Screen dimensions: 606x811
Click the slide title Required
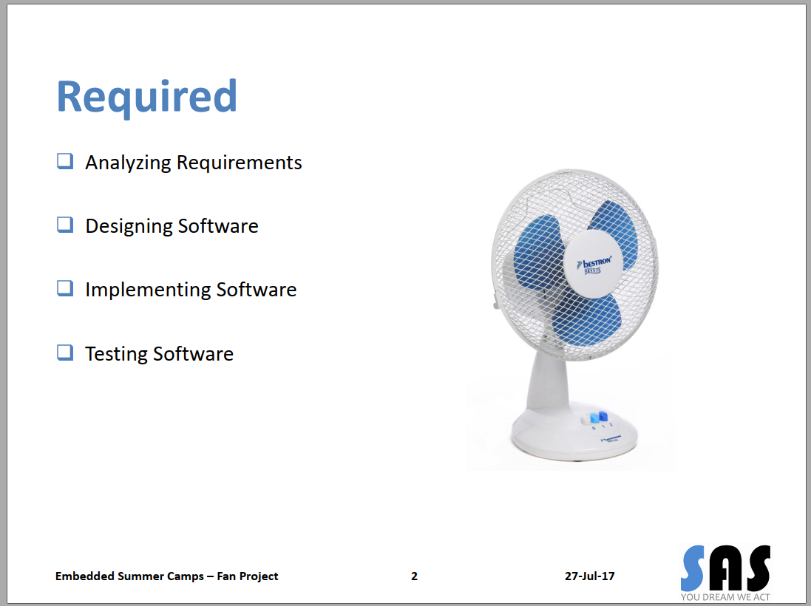point(146,97)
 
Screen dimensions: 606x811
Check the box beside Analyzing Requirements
point(65,161)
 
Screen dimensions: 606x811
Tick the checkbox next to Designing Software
point(65,225)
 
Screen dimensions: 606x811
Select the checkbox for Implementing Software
point(65,288)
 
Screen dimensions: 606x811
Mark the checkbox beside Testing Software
point(65,353)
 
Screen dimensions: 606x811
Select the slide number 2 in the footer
point(415,576)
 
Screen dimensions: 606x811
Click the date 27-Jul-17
point(589,576)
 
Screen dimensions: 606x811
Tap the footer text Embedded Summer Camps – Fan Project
point(167,576)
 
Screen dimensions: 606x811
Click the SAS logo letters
point(725,568)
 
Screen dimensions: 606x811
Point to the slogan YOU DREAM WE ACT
point(726,597)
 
